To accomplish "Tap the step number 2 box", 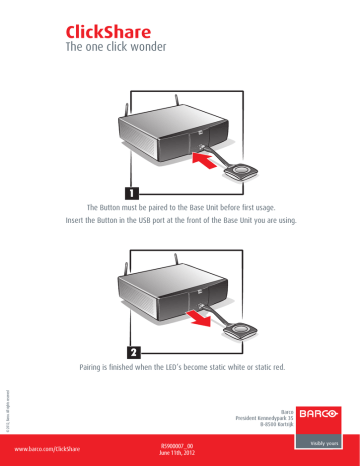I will (x=131, y=352).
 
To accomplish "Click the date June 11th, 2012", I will (x=180, y=455).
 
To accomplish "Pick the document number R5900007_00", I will (x=180, y=446).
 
